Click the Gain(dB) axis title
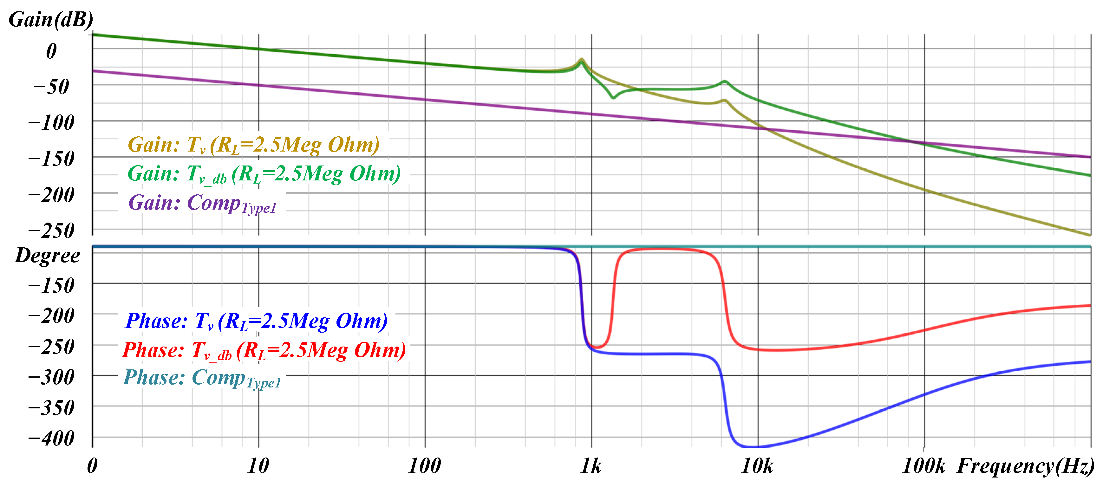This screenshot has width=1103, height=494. [x=50, y=20]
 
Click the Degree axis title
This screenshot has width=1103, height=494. [x=47, y=256]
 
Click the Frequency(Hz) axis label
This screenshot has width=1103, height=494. [x=1025, y=466]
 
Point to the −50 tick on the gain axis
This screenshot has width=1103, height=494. [x=51, y=87]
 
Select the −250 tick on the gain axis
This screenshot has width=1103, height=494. [x=51, y=231]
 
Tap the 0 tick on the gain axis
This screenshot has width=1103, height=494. [x=51, y=51]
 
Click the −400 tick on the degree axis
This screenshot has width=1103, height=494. [x=51, y=438]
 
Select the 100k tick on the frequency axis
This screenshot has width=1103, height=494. [x=924, y=466]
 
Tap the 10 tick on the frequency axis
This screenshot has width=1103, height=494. [x=258, y=466]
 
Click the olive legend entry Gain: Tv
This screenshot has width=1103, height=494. [x=253, y=145]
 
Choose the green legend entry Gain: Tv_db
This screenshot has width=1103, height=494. [x=264, y=174]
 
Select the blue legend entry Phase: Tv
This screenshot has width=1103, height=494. [x=256, y=321]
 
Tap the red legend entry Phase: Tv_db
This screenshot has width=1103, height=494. [x=264, y=350]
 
